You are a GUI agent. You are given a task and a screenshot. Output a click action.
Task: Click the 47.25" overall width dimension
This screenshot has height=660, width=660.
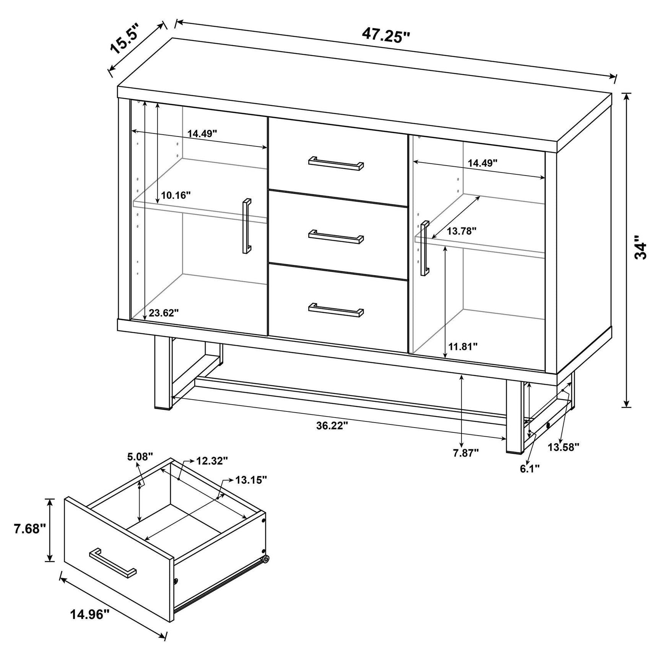coord(386,36)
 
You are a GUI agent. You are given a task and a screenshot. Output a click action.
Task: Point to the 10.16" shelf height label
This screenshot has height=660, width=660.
coord(176,195)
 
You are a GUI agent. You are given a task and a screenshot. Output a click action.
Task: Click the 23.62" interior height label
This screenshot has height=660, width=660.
coord(164,313)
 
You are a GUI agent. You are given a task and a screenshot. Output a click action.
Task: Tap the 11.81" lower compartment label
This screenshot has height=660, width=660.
coord(463,346)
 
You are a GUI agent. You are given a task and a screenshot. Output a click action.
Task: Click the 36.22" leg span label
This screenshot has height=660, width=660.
coord(332,426)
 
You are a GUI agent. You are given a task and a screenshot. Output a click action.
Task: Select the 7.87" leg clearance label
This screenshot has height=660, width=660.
coord(466,453)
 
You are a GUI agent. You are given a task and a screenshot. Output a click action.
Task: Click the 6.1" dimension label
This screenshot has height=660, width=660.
coord(530,468)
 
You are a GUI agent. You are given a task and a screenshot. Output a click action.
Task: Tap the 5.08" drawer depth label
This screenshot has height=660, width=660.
coord(140,456)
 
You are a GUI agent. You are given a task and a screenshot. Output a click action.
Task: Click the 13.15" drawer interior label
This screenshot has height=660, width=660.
coord(251,480)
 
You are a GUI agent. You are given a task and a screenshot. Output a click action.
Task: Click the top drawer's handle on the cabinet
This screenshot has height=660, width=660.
coord(336,163)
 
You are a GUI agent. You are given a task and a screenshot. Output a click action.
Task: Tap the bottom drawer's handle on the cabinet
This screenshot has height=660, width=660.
coord(336,310)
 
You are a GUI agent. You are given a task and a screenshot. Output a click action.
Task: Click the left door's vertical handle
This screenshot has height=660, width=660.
coord(247,226)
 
